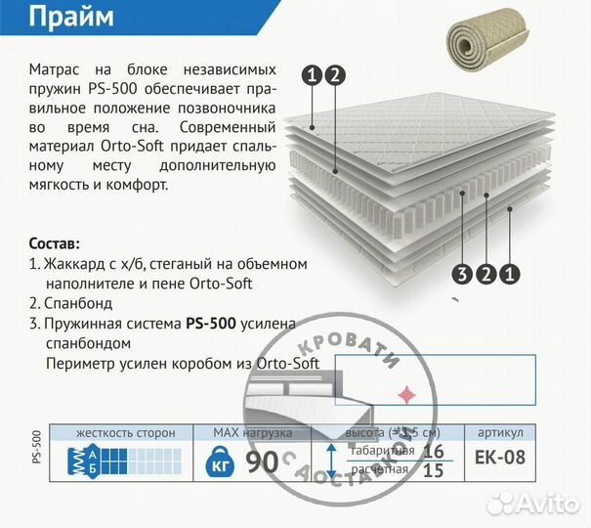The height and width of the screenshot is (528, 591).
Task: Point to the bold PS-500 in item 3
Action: pyautogui.click(x=210, y=324)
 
